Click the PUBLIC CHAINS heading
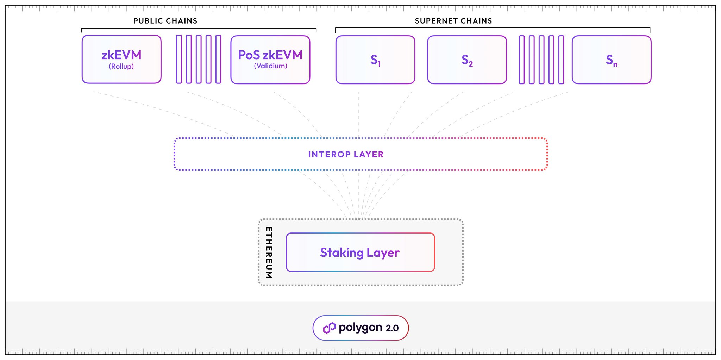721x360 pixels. pyautogui.click(x=165, y=21)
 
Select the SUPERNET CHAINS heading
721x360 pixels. pyautogui.click(x=453, y=21)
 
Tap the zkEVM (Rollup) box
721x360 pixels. pyautogui.click(x=121, y=59)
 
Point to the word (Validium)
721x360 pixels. pyautogui.click(x=270, y=66)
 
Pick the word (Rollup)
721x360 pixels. pyautogui.click(x=121, y=66)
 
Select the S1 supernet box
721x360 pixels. pyautogui.click(x=375, y=60)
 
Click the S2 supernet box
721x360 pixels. pyautogui.click(x=467, y=60)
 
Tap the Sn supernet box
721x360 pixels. pyautogui.click(x=612, y=60)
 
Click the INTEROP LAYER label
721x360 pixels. pyautogui.click(x=346, y=154)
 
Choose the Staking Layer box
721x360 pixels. pyautogui.click(x=360, y=252)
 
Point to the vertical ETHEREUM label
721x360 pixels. pyautogui.click(x=269, y=252)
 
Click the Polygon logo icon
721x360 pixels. pyautogui.click(x=329, y=328)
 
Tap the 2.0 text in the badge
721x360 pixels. pyautogui.click(x=392, y=328)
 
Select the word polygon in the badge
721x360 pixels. pyautogui.click(x=360, y=328)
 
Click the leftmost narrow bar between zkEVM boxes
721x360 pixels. pyautogui.click(x=179, y=59)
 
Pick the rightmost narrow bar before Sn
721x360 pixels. pyautogui.click(x=561, y=60)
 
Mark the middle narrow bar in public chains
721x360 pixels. pyautogui.click(x=199, y=59)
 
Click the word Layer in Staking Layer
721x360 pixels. pyautogui.click(x=383, y=253)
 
